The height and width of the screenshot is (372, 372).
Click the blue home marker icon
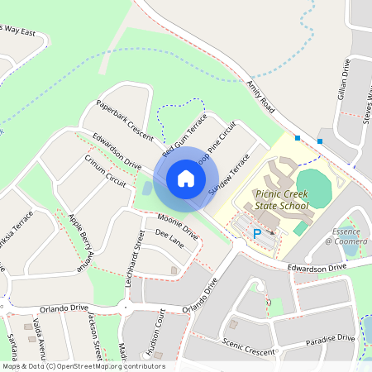coord(186,179)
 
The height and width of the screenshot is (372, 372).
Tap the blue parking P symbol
coord(257,234)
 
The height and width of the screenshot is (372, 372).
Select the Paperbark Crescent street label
coord(125,120)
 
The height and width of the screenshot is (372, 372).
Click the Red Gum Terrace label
coord(184,136)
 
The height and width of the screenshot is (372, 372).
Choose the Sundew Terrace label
coord(229,173)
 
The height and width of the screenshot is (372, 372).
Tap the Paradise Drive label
coord(330,339)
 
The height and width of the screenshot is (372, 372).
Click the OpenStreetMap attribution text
coord(83,366)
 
